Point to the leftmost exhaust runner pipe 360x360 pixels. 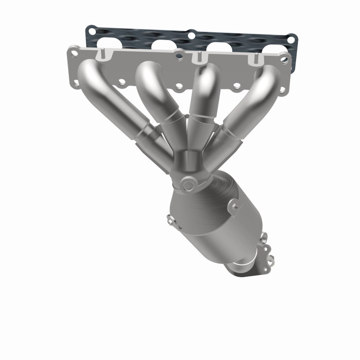point(112,99)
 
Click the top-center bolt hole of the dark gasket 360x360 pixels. point(191,34)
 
